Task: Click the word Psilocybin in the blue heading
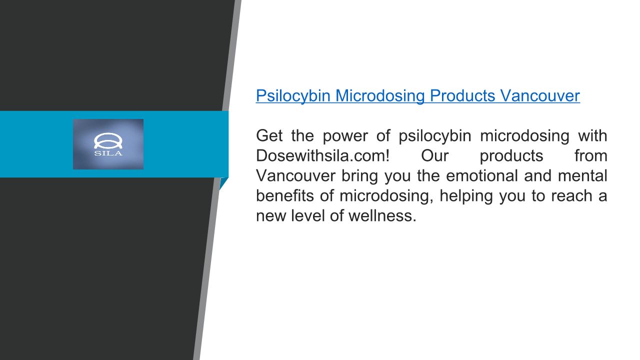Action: pos(293,95)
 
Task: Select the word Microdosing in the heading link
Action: pos(380,95)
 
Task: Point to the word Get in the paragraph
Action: pos(269,135)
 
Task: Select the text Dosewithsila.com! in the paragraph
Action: pos(323,155)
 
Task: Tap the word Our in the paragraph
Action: pos(435,155)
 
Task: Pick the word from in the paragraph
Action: pos(591,155)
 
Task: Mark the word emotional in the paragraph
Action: pos(482,175)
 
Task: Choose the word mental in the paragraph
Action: pos(583,175)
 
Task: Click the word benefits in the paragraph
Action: pos(285,195)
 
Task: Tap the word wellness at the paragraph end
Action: pos(382,215)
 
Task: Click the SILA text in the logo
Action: pos(108,153)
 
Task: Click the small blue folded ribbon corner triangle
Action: pos(223,183)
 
